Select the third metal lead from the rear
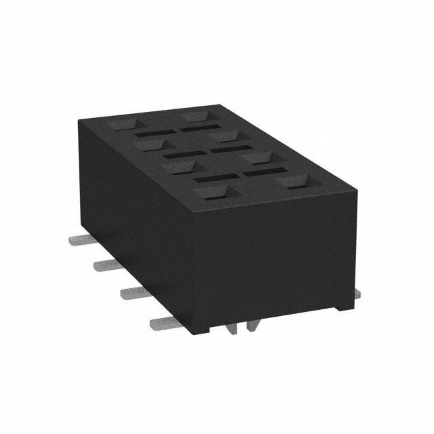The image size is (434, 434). pos(133,292)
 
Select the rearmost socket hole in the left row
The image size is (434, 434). pos(124,125)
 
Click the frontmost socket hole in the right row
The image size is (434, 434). pos(296,181)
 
